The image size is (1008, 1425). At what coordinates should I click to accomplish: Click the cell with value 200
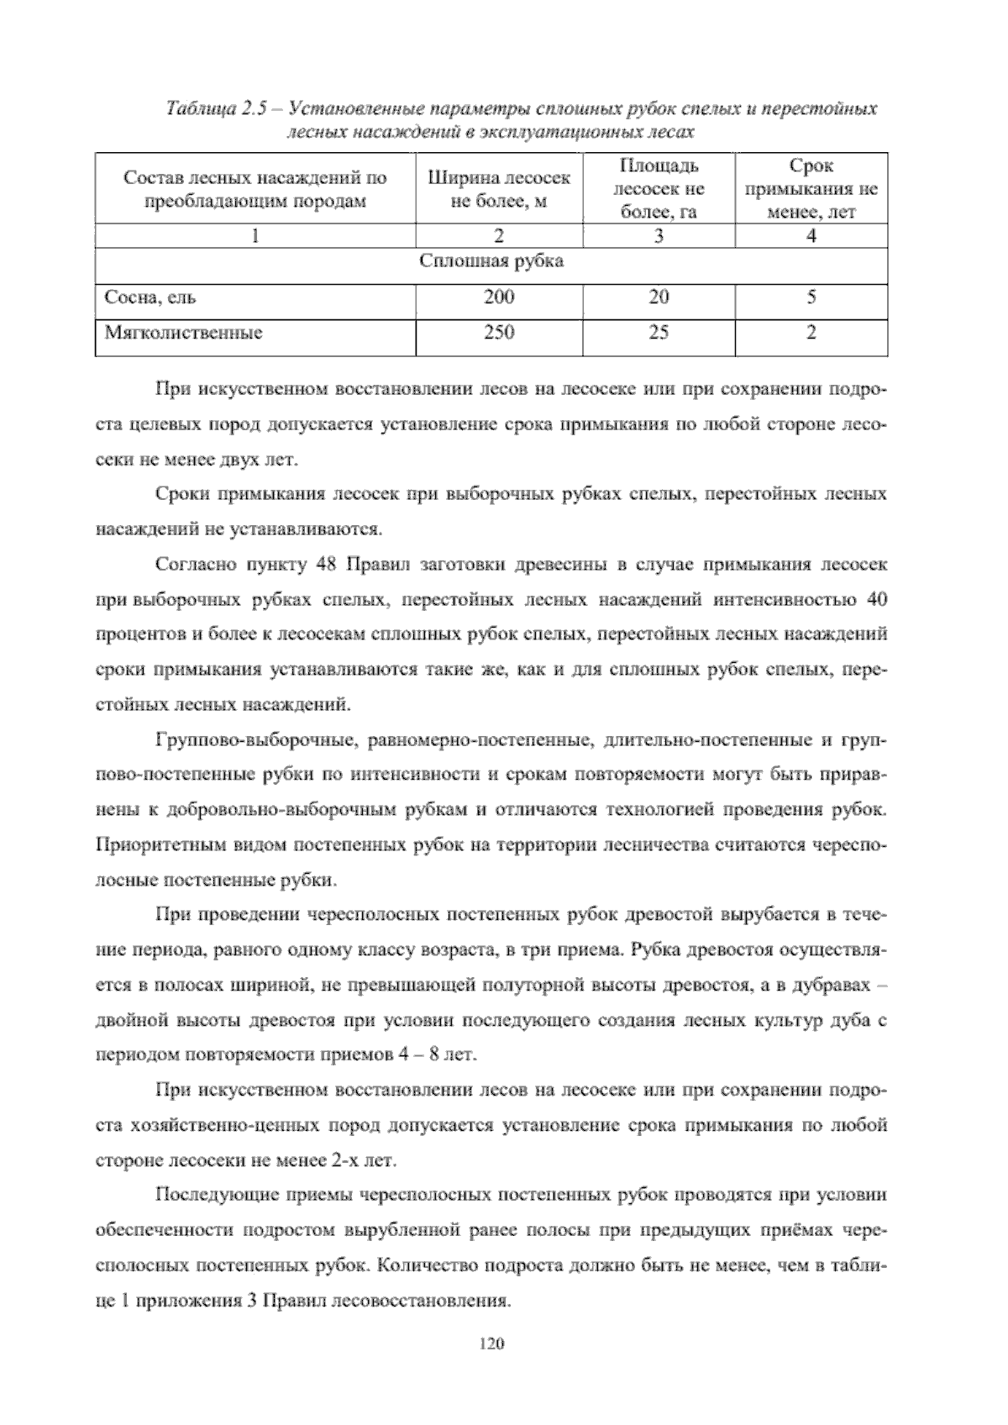click(x=499, y=297)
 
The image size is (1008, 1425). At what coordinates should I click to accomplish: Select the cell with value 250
click(x=499, y=332)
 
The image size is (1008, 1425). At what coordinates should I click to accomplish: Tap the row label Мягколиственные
click(x=183, y=333)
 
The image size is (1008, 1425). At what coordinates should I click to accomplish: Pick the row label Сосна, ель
click(x=150, y=297)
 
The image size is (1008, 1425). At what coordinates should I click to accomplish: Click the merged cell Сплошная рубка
click(x=491, y=261)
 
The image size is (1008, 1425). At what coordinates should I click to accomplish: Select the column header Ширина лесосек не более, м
click(x=499, y=189)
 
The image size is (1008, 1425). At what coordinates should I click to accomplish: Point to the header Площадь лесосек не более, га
click(x=659, y=189)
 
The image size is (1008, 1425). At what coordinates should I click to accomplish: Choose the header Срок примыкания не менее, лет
click(x=811, y=189)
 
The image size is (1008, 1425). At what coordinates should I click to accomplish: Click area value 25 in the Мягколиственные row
click(x=659, y=332)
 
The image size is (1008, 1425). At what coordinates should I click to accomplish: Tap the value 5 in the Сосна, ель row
click(x=811, y=297)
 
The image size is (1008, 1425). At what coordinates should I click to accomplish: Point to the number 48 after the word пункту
click(x=328, y=565)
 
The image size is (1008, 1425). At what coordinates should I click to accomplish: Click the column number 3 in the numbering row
click(x=659, y=236)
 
